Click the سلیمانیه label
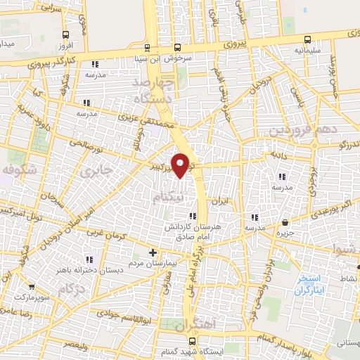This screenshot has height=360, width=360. click(310, 51)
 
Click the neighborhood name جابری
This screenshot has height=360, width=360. click(96, 170)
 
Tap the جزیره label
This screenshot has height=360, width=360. click(284, 233)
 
